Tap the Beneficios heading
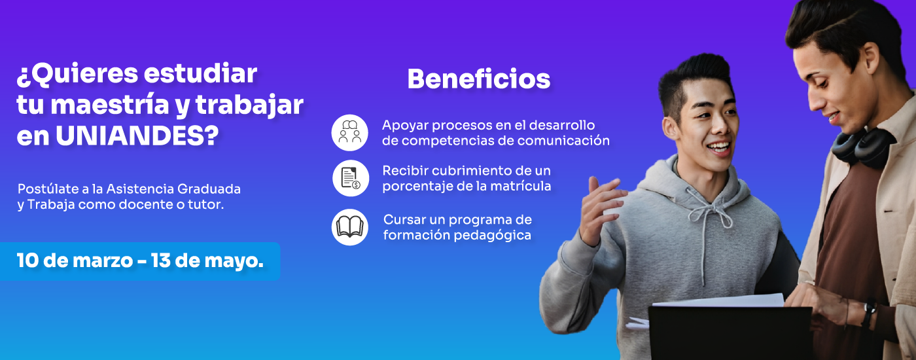[478, 79]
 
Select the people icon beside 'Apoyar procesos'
[350, 132]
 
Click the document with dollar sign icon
[350, 178]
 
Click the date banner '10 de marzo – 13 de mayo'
[140, 261]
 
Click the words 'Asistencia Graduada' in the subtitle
[173, 189]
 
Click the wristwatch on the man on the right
[868, 312]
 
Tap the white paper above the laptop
[720, 300]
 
